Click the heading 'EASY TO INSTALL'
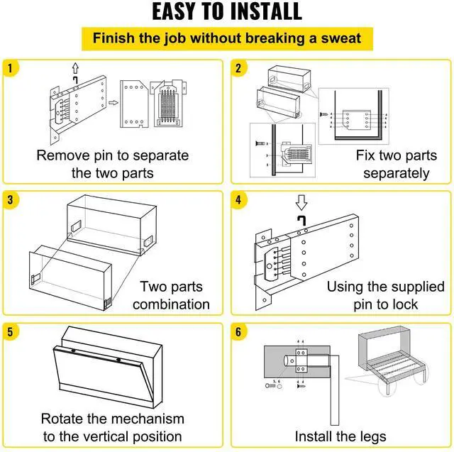click(227, 12)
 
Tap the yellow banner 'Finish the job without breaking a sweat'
click(227, 38)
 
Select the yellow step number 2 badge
click(238, 69)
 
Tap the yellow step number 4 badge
click(238, 200)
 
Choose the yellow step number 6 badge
click(238, 331)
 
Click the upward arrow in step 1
click(74, 67)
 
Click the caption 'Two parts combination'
click(171, 295)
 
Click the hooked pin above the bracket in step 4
click(301, 221)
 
